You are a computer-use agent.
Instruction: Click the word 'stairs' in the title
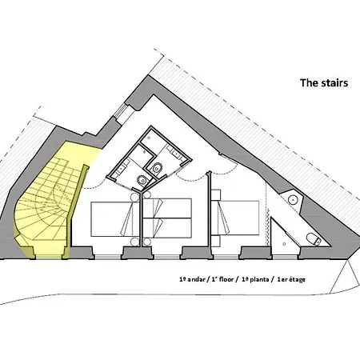(x=334, y=82)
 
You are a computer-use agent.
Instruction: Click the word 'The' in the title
(x=310, y=82)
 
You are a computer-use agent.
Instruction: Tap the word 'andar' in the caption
(x=196, y=279)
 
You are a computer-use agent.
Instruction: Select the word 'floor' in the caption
(x=226, y=279)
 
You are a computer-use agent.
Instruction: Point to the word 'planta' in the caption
(x=259, y=280)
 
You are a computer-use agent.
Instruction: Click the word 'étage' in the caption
(x=296, y=280)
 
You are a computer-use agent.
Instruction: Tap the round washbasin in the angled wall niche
(x=293, y=199)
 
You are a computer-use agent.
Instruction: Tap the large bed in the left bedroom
(x=112, y=219)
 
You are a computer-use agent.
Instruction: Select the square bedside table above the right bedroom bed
(x=216, y=195)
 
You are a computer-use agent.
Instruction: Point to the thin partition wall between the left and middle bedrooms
(x=141, y=218)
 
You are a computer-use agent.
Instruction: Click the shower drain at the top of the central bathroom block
(x=149, y=138)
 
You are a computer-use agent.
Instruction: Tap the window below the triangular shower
(x=285, y=257)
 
